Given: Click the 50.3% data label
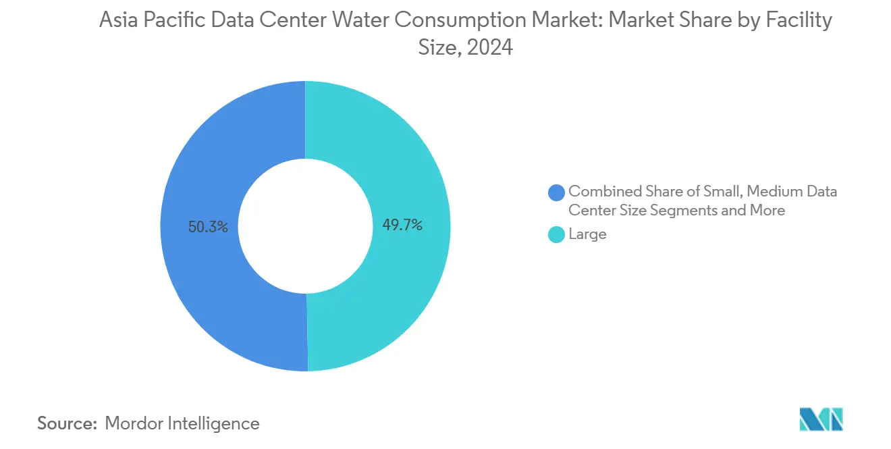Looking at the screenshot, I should tap(209, 227).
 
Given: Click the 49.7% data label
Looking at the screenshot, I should tap(402, 226).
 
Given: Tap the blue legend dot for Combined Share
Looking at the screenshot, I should tap(556, 192).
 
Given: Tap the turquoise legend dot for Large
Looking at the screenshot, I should tap(556, 235).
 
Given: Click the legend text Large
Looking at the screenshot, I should tap(587, 234).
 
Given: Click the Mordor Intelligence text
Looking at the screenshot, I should tap(182, 423).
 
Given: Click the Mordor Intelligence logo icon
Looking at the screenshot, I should tap(821, 420).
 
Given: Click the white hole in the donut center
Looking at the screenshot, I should tap(305, 226).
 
